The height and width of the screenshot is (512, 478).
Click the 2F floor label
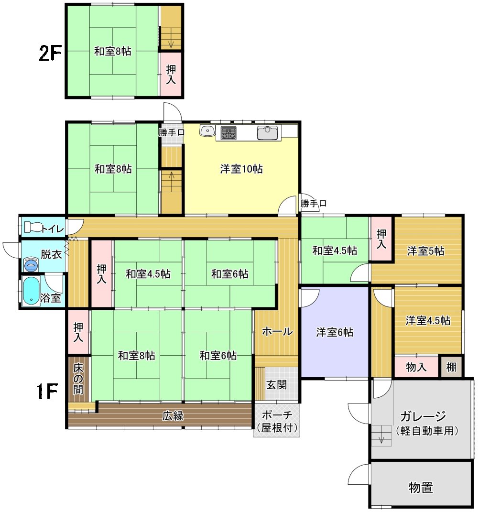pyautogui.click(x=50, y=53)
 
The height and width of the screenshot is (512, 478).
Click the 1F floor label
pyautogui.click(x=47, y=391)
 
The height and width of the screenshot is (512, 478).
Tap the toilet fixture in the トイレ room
pyautogui.click(x=34, y=227)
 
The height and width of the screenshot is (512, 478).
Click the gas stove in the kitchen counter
pyautogui.click(x=228, y=132)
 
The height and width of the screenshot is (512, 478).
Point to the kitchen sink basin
pyautogui.click(x=267, y=132)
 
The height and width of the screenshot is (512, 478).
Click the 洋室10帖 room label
pyautogui.click(x=241, y=169)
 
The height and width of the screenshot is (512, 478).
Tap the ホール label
pyautogui.click(x=277, y=331)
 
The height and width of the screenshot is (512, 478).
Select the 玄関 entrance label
pyautogui.click(x=276, y=385)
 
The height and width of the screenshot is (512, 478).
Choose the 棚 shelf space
pyautogui.click(x=451, y=367)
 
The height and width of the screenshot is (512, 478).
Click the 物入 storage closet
pyautogui.click(x=416, y=367)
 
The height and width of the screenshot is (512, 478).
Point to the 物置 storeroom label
pyautogui.click(x=421, y=488)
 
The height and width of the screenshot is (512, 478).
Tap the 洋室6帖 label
pyautogui.click(x=334, y=332)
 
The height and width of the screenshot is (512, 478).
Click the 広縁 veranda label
pyautogui.click(x=173, y=416)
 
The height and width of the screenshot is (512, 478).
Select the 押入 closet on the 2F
pyautogui.click(x=171, y=74)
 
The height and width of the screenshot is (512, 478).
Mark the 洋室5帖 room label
pyautogui.click(x=425, y=251)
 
